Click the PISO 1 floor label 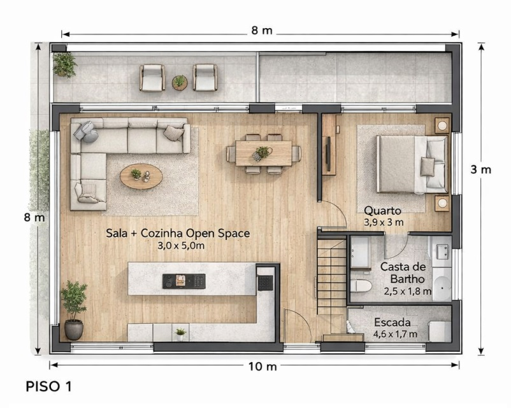[48, 386]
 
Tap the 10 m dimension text [263, 367]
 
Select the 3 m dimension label [480, 170]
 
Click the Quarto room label [382, 211]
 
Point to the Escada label [392, 322]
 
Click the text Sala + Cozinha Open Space [178, 234]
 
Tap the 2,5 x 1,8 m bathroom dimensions [407, 292]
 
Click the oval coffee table [141, 176]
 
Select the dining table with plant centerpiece [264, 153]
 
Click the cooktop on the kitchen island [184, 281]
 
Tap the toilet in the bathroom [362, 286]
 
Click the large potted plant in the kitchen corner [74, 310]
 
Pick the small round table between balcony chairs [180, 82]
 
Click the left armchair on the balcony [152, 78]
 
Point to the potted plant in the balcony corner [65, 65]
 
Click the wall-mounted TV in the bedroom [329, 153]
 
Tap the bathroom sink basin [443, 252]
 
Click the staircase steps [332, 277]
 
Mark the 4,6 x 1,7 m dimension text [395, 334]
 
